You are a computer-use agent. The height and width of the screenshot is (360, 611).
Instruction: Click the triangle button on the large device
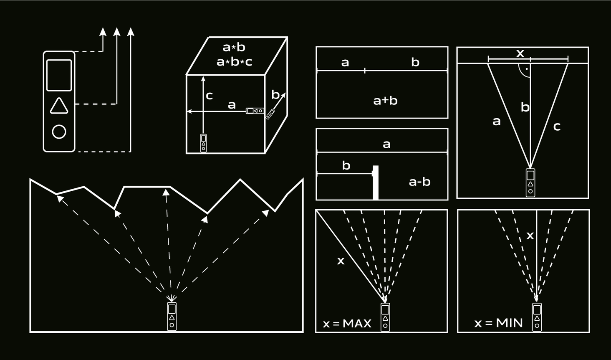point(59,106)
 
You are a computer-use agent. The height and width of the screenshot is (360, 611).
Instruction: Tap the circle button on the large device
point(59,132)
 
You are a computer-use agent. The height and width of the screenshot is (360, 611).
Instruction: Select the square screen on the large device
point(59,75)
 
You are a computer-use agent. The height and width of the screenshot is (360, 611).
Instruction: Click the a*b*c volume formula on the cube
point(234,62)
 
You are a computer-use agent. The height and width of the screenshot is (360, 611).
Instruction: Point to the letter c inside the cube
point(209,96)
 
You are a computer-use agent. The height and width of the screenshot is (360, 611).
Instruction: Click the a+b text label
point(385,101)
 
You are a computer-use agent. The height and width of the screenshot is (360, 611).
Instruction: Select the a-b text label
point(419,182)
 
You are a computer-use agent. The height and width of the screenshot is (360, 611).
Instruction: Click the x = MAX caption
point(347,324)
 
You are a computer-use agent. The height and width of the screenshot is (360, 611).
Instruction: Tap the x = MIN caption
point(498,323)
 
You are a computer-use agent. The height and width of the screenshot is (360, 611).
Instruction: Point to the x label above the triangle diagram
point(520,53)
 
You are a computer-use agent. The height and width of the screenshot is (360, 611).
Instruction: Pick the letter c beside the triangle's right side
point(556,127)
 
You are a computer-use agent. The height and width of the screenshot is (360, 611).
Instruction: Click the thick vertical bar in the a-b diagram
point(376,183)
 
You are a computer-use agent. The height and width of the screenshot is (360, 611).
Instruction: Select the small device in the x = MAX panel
point(385,317)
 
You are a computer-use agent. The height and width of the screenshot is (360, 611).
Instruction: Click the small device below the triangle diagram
point(530,183)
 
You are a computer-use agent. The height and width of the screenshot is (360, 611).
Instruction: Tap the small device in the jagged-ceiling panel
point(172,317)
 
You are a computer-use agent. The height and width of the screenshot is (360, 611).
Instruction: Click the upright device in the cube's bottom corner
point(203,143)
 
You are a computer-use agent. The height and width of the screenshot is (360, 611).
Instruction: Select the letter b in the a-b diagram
point(346,165)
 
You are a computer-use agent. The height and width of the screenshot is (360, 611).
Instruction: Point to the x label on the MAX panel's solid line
point(341,261)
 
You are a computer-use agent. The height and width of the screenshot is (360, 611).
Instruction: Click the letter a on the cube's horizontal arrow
point(232,105)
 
